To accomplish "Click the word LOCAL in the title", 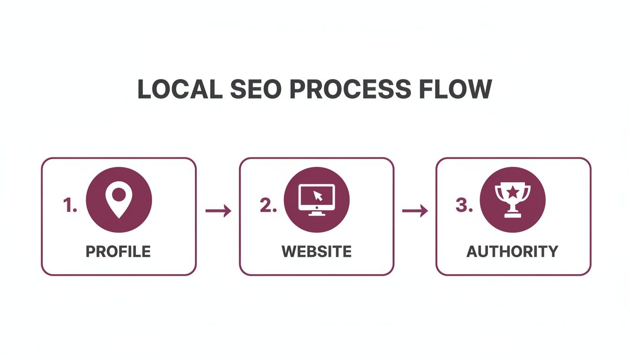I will [x=180, y=89].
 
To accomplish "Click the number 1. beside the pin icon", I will [x=70, y=205].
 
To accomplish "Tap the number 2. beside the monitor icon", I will [x=268, y=205].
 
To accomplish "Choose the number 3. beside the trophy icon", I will [x=464, y=205].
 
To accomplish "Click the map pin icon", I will [x=119, y=200].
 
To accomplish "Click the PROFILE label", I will [x=118, y=251].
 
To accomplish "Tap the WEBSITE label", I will [x=316, y=251].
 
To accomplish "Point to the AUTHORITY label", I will [x=512, y=251].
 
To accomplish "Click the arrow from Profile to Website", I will [x=218, y=211].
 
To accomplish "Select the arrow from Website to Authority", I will [x=415, y=211].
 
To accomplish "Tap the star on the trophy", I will [x=513, y=191].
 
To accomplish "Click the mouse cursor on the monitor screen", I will [x=318, y=195].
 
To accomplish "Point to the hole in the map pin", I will [x=119, y=194].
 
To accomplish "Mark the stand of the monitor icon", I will [x=316, y=212].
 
